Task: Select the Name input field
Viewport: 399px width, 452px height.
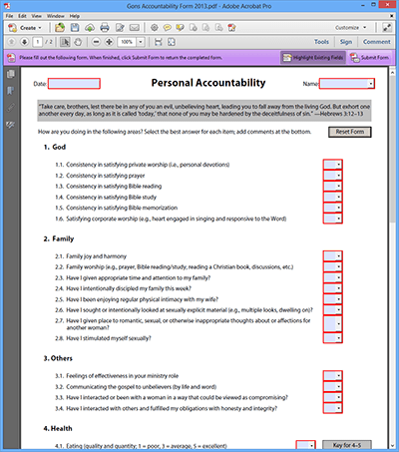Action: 346,84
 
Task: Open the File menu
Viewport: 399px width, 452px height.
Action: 9,17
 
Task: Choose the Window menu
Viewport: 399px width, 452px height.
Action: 62,17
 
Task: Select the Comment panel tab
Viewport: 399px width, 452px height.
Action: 376,43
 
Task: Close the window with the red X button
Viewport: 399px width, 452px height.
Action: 383,6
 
